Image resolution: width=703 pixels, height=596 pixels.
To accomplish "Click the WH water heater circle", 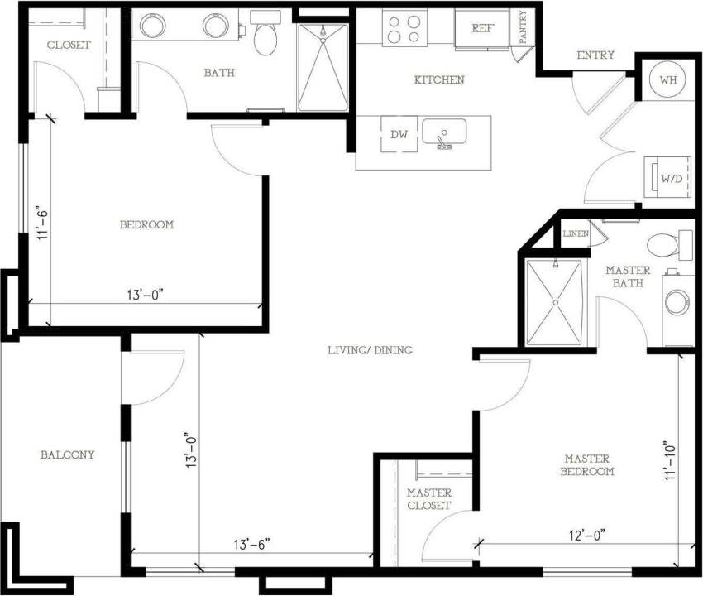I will pos(667,80).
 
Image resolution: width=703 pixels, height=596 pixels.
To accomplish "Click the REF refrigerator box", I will pos(481,28).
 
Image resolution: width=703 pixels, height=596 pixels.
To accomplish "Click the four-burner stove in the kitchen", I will pos(404,28).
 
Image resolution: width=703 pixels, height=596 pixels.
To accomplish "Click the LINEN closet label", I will pos(575,234).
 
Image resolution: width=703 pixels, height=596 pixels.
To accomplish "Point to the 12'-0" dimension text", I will pos(586,535).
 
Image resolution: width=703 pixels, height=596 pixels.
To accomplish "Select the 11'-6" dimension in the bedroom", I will pos(43,222).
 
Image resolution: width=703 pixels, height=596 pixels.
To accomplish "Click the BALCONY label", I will pos(67,454).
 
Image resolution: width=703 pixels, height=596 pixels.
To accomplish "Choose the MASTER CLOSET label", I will pos(429,499).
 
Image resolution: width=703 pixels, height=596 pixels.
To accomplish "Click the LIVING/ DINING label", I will pos(369,350).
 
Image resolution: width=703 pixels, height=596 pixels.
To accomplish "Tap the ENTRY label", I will pos(595,55).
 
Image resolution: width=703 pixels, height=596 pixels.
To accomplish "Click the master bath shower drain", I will pos(556,302).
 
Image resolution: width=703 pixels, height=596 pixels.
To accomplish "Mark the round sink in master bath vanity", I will pos(677,302).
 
